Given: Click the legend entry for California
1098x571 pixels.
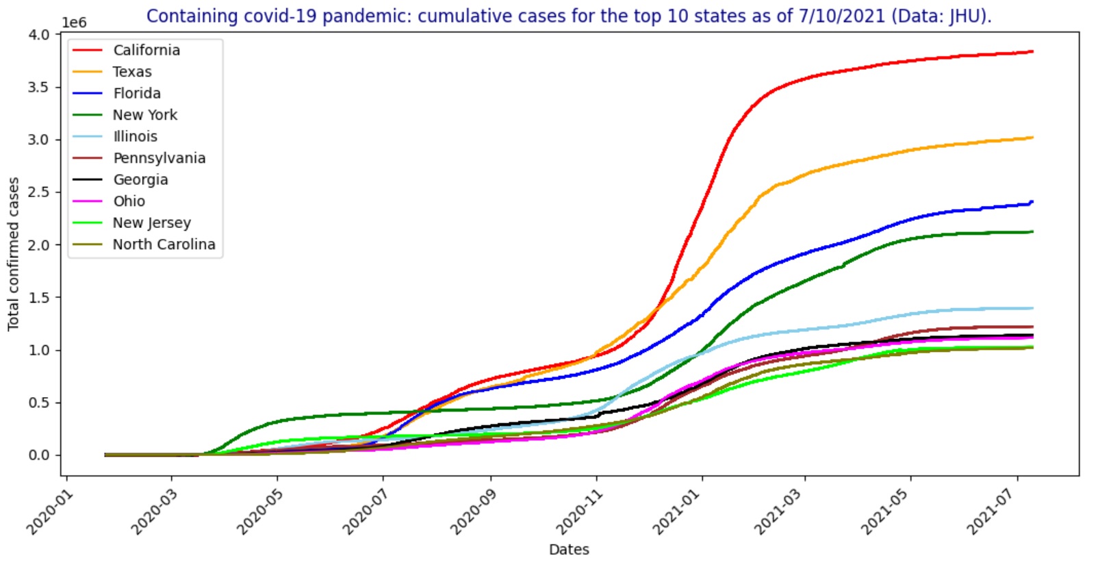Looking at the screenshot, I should tap(146, 50).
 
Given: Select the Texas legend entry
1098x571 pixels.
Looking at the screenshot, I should tap(132, 72).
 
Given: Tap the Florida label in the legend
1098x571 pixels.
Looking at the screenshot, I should tap(137, 93).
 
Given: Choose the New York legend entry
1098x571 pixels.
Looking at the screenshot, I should tap(144, 115).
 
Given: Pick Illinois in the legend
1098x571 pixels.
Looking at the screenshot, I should tap(135, 136).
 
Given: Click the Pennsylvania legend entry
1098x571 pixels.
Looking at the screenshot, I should tap(159, 158).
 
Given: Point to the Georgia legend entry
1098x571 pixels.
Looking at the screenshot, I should tap(140, 179).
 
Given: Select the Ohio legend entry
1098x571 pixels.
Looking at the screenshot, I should tap(129, 201).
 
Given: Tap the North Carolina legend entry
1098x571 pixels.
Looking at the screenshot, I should tap(164, 244).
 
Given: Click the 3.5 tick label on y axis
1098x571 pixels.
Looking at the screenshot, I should tap(39, 87).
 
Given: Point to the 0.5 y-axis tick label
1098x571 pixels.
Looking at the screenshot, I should tap(39, 403).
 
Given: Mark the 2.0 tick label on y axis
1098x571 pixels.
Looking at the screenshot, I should tap(39, 244).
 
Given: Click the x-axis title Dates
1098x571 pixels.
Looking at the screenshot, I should tap(569, 550).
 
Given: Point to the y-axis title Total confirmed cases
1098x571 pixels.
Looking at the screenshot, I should tap(14, 254).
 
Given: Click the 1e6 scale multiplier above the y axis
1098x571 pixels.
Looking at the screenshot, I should tap(74, 23).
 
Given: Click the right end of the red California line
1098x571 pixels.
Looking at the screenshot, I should tap(1032, 51).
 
